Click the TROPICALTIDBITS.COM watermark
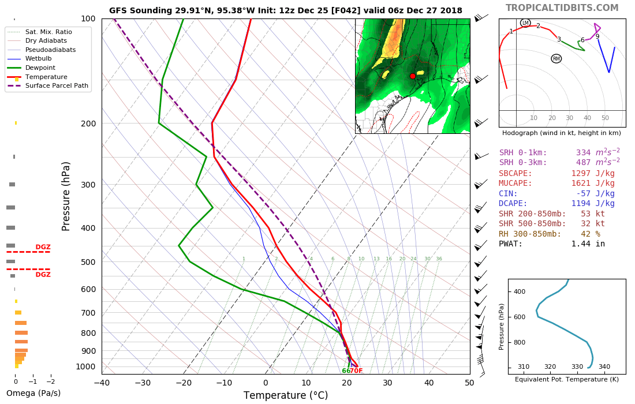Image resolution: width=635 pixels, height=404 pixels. coord(562,8)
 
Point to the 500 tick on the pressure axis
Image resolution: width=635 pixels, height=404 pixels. coord(87,262)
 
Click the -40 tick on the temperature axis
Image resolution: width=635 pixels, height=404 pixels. coord(102,382)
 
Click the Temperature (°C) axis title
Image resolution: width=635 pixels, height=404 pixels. coord(285,395)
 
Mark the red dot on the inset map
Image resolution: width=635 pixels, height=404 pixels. coord(412,76)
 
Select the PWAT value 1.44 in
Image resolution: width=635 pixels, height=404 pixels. coord(588,244)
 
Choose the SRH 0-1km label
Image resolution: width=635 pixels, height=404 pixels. coord(522,152)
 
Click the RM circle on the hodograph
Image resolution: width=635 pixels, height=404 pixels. coord(556,59)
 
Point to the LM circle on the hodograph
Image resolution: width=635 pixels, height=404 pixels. coord(525,23)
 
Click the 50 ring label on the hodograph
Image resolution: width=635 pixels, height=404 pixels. coord(605,118)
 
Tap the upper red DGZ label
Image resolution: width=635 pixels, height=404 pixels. coord(43,247)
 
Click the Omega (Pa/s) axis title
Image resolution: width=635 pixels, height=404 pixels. coord(33,394)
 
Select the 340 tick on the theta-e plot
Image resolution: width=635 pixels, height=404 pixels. coord(604,366)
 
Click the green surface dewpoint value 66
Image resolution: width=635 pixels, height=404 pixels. coord(346,371)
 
